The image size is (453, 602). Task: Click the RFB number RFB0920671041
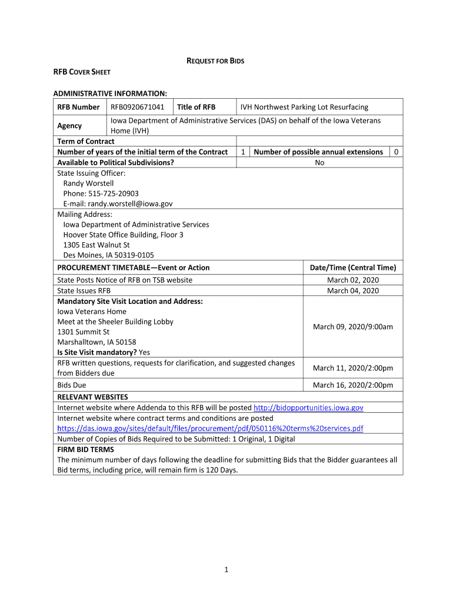pos(138,107)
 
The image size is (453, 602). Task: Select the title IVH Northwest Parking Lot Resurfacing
pos(304,107)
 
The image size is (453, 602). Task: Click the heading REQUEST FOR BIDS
pos(215,61)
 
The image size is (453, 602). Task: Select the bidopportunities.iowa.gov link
pos(308,407)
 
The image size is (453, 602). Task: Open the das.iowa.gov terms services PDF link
pos(210,428)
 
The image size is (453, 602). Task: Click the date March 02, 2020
pos(353,280)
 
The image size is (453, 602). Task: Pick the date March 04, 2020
pos(353,290)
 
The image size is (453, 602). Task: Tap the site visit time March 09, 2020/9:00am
pos(353,327)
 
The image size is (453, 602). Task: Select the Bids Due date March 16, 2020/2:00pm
pos(353,385)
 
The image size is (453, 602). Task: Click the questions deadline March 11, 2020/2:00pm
pos(353,368)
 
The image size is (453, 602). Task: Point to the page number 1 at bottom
pos(226,569)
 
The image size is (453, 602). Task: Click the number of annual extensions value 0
pos(397,152)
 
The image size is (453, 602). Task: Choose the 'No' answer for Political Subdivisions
pos(319,162)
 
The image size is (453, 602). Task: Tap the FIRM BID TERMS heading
pos(85,449)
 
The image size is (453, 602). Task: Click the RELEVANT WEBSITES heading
pos(92,397)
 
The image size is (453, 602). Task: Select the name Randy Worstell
pos(88,183)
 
